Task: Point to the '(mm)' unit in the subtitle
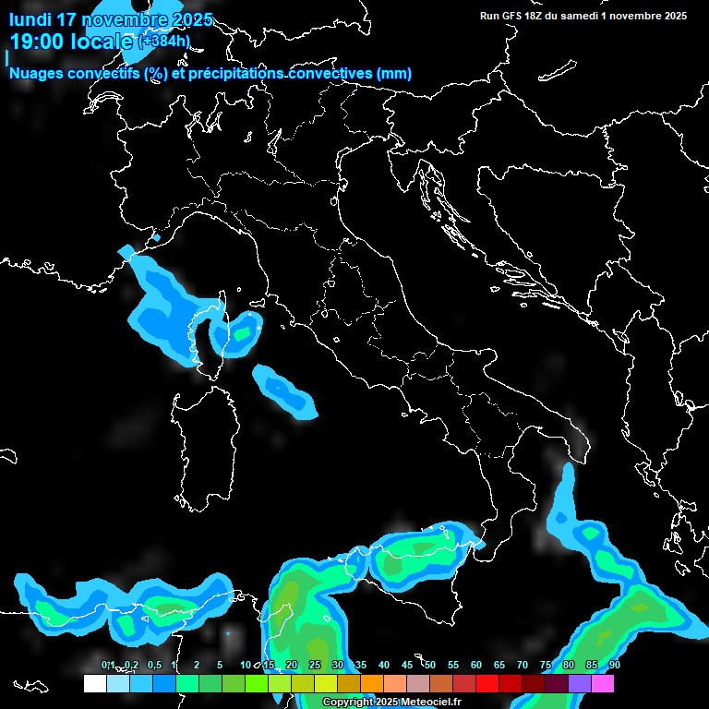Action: coord(394,74)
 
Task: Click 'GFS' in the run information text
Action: coord(511,16)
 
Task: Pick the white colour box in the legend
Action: coord(94,684)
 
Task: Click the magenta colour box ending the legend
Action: coord(603,684)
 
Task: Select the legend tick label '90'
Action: coord(615,666)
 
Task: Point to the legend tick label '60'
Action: coord(476,666)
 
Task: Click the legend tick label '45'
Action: coord(407,666)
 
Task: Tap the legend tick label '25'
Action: coord(315,666)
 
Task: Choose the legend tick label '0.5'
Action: coord(153,666)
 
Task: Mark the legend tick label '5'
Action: coord(220,666)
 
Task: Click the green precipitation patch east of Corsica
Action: coord(242,333)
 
